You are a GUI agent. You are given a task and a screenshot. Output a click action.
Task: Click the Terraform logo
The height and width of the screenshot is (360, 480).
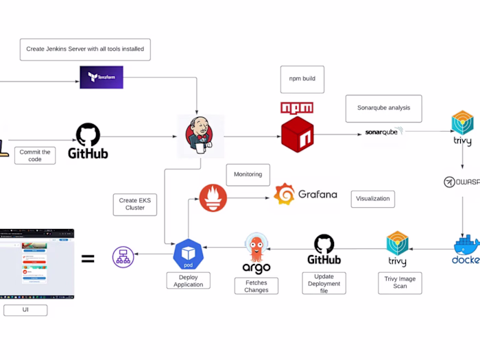click(101, 77)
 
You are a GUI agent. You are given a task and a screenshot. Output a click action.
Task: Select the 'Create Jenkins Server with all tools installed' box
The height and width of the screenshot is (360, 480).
click(85, 49)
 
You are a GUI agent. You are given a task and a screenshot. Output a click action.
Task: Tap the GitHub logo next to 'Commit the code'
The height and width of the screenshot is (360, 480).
click(88, 141)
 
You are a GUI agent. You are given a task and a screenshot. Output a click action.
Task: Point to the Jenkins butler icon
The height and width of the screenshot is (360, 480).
click(200, 136)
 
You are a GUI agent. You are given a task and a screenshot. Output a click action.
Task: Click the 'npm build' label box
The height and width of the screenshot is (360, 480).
click(302, 79)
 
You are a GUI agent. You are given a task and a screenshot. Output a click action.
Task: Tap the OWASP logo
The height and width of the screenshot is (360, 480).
click(460, 182)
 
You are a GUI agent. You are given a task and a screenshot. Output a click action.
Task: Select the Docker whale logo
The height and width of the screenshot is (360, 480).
click(466, 250)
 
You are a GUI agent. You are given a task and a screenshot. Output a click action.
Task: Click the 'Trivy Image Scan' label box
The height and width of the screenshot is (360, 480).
click(400, 282)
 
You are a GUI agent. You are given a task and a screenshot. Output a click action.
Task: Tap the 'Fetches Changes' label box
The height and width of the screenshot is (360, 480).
click(256, 286)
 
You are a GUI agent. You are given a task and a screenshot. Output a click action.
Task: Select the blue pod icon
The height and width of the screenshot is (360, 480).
click(188, 254)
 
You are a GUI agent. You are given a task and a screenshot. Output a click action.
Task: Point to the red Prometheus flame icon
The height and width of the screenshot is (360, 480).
click(213, 197)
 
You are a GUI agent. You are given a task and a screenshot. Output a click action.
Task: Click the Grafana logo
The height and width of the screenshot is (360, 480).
click(306, 195)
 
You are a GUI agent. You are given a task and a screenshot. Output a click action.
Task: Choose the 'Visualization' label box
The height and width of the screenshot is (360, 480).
click(372, 199)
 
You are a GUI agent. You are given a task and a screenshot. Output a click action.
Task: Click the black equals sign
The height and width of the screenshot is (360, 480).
click(88, 259)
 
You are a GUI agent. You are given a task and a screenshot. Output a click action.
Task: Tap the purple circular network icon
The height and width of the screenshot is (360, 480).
click(123, 256)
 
